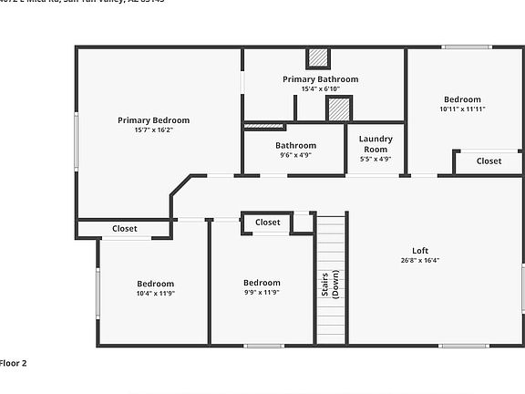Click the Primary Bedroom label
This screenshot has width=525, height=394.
[153, 119]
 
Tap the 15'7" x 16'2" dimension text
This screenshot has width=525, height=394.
[153, 130]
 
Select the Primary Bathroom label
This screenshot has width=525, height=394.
[320, 79]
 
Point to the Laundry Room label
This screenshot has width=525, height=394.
[375, 143]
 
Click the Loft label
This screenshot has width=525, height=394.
[420, 250]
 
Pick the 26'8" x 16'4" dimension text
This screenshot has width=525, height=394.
[420, 260]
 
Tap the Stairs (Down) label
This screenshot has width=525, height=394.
[331, 283]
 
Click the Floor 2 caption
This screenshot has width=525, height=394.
[14, 363]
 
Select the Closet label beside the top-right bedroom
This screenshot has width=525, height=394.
[489, 161]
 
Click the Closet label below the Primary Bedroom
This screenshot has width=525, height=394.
[125, 228]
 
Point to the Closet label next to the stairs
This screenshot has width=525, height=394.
[268, 222]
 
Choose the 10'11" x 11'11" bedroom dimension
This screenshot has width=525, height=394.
[462, 109]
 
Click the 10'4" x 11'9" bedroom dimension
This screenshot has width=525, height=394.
[155, 293]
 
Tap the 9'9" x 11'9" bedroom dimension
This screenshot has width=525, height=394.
[261, 293]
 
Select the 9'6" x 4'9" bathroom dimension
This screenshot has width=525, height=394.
[295, 155]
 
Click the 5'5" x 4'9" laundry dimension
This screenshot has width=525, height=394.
[375, 159]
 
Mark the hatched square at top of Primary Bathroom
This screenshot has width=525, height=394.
[317, 57]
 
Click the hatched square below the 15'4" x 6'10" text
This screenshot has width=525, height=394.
[339, 109]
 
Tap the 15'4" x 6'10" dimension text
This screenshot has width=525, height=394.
[320, 88]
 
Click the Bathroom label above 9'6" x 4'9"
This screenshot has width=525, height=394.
[295, 145]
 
